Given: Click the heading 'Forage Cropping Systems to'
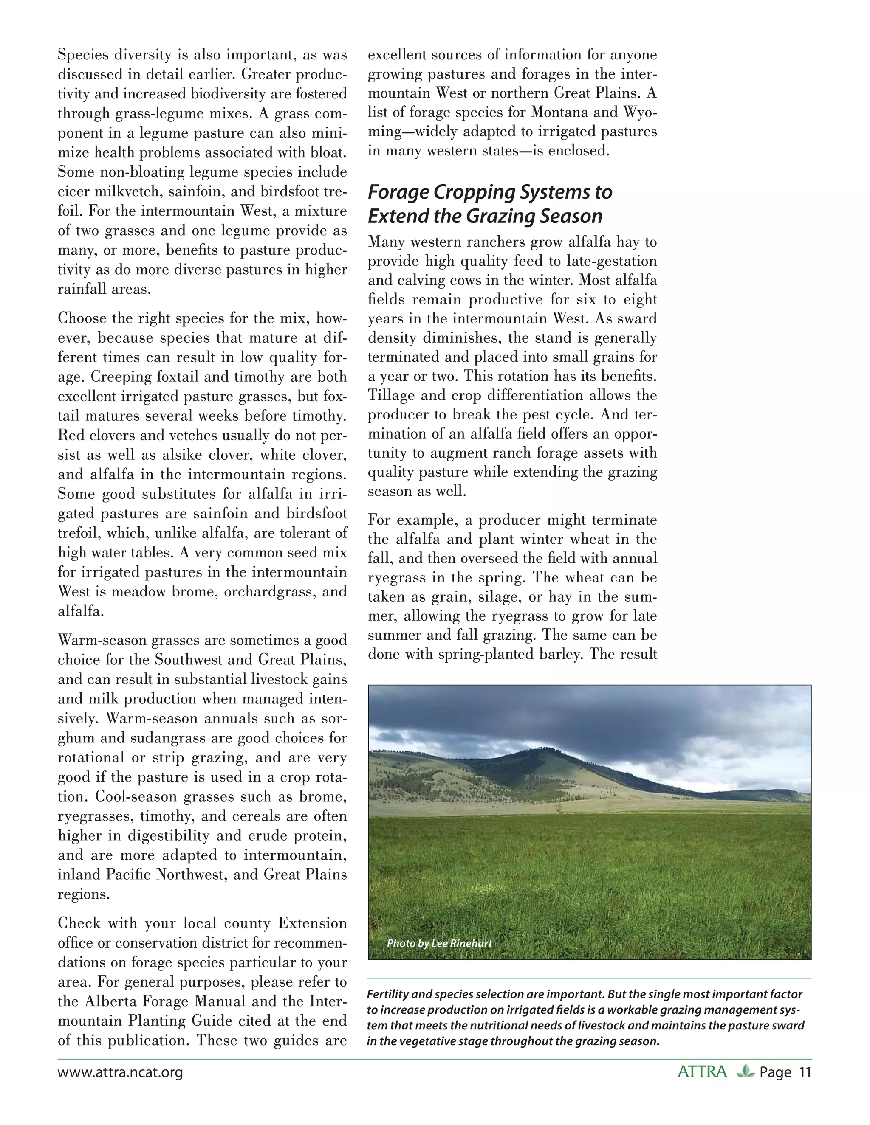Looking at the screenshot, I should pyautogui.click(x=490, y=192).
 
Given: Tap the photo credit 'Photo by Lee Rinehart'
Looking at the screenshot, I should pyautogui.click(x=439, y=944).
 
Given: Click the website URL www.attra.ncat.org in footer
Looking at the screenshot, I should pyautogui.click(x=120, y=1072).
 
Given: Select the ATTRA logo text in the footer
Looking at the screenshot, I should pyautogui.click(x=702, y=1072).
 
